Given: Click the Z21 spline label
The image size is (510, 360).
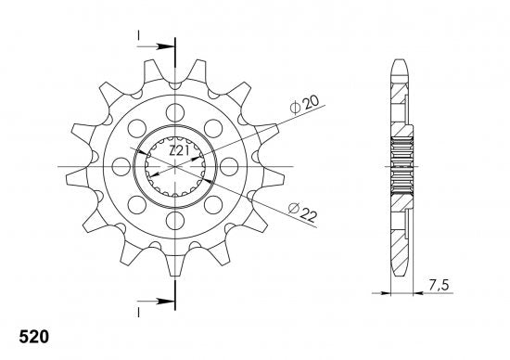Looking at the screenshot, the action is coord(179,150).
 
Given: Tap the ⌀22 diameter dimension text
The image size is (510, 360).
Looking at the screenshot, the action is coord(302,212).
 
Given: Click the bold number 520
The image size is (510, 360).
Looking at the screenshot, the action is coord(33,337).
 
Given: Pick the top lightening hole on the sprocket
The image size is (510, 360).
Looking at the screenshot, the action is coord(175,112).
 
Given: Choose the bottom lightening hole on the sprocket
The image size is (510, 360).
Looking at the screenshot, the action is coord(175,221).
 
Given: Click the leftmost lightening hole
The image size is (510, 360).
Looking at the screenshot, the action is coord(121,167).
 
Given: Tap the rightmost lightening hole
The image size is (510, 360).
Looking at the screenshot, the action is coord(229,167).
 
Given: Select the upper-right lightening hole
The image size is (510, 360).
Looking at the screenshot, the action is coord(213,128).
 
